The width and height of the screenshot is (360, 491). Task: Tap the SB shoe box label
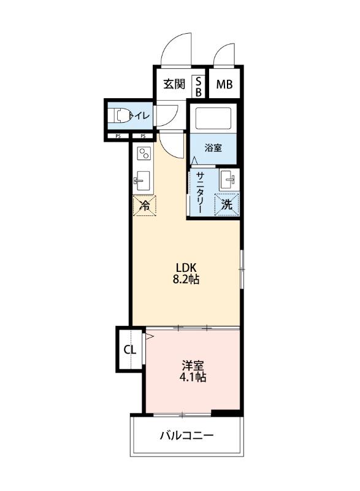(199, 85)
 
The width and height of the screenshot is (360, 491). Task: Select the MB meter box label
(223, 85)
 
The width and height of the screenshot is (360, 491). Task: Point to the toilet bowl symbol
(120, 114)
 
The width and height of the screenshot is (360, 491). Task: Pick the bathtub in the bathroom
(212, 118)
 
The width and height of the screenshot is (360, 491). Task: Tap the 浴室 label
(213, 147)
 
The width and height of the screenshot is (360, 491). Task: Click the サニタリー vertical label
(200, 191)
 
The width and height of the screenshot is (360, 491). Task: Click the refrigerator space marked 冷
(145, 206)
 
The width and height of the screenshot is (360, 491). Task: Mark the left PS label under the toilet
(117, 136)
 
